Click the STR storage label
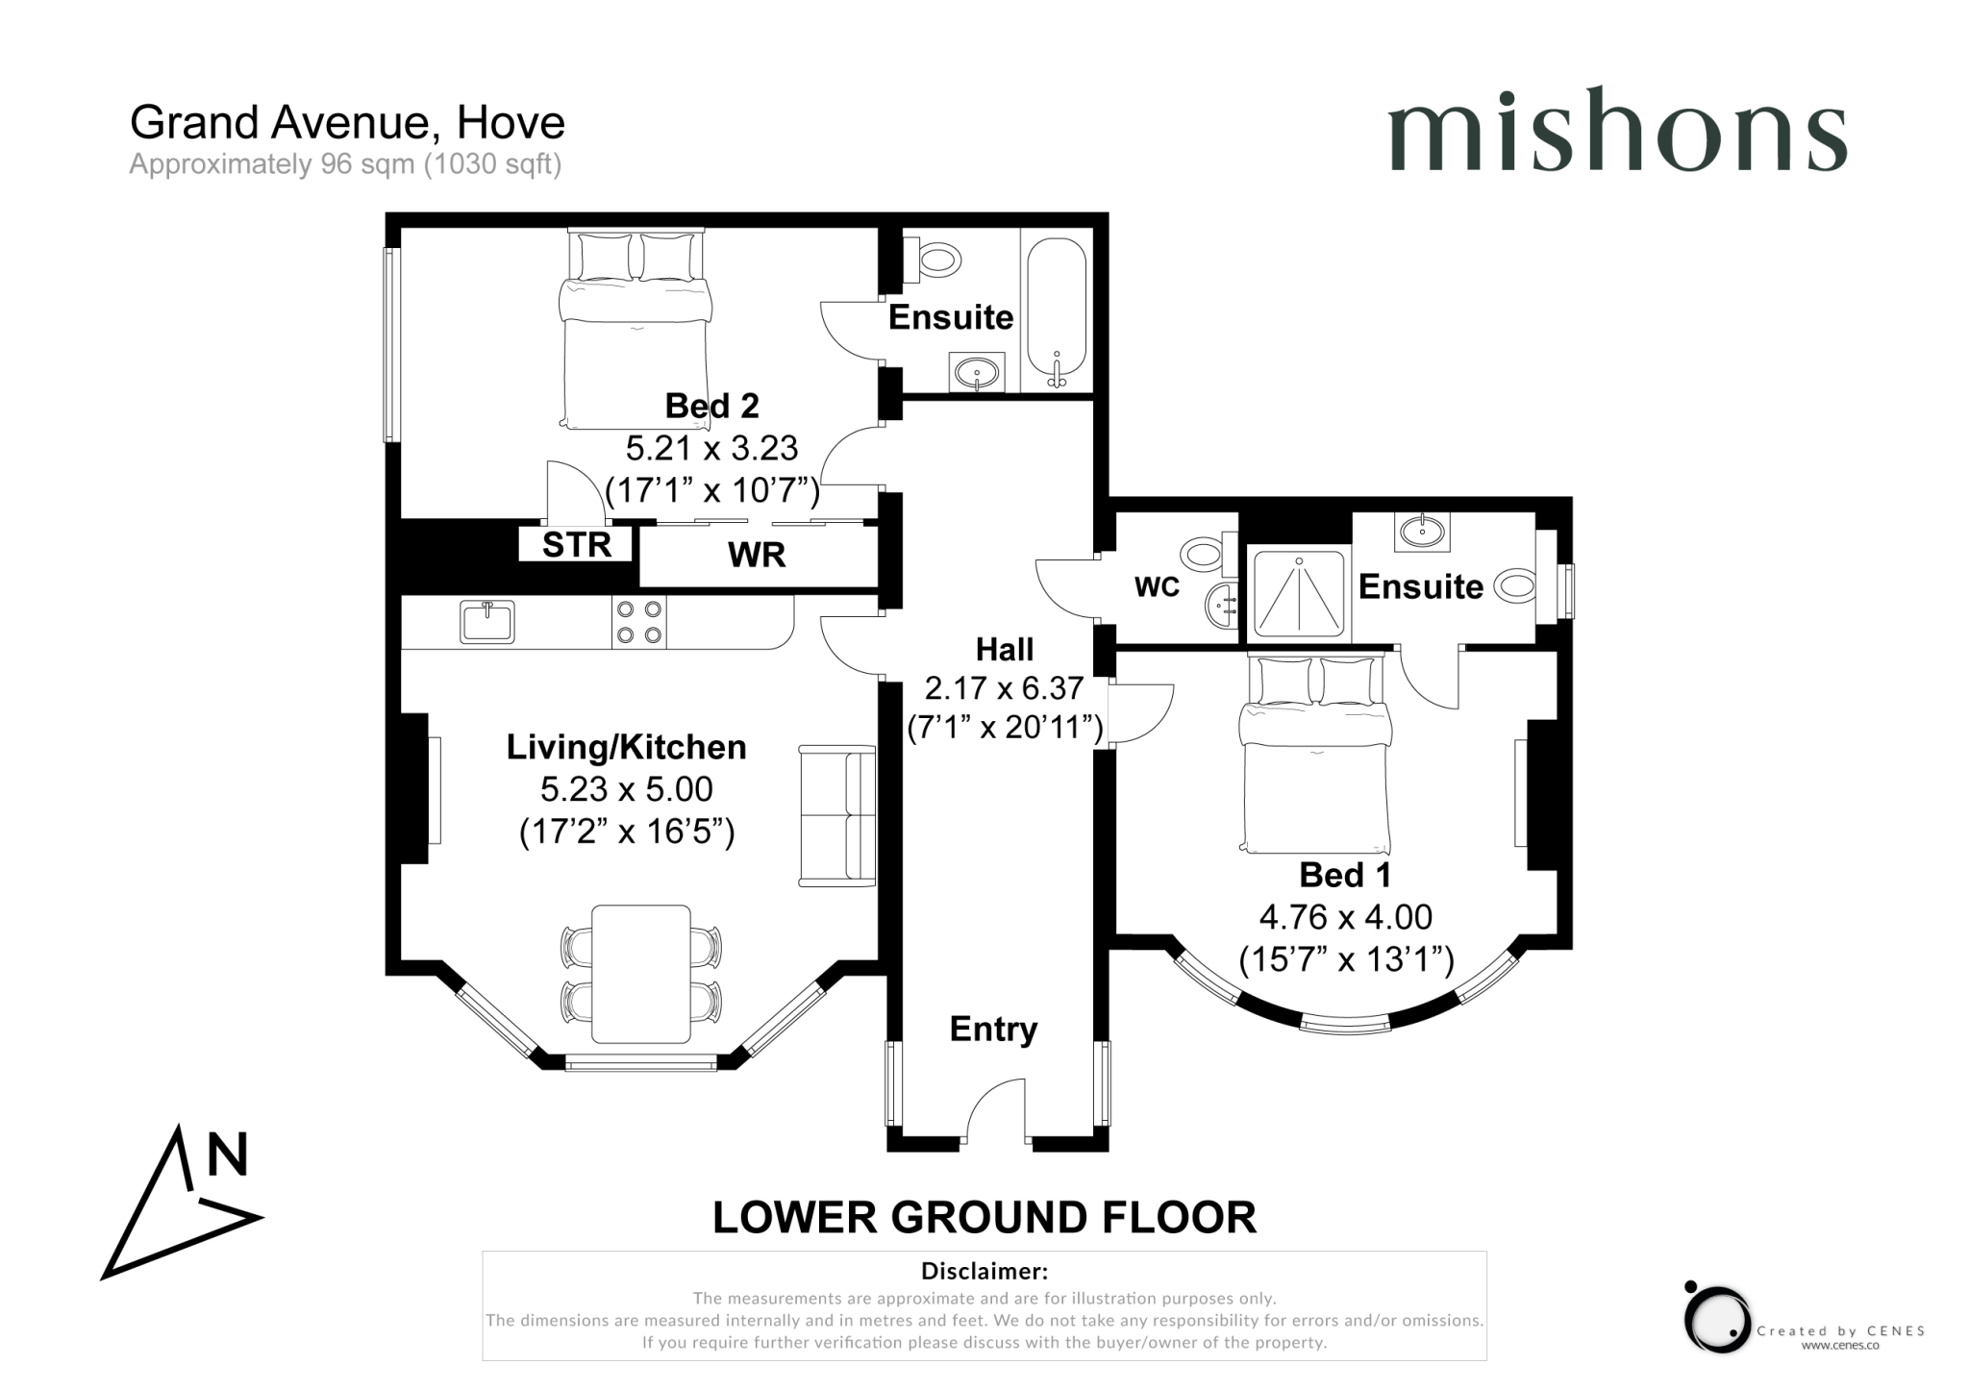click(576, 545)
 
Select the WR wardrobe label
click(757, 555)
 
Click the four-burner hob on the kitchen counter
click(639, 622)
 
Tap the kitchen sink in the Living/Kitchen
click(487, 622)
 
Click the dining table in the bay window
click(640, 974)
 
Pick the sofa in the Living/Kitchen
click(837, 815)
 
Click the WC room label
click(1157, 587)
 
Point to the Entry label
click(993, 1029)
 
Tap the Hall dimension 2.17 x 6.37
click(1004, 688)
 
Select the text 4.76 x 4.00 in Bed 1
click(1345, 917)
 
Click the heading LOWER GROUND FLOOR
click(984, 1218)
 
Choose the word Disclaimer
click(984, 1272)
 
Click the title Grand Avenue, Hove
click(347, 123)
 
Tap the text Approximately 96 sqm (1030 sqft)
click(345, 164)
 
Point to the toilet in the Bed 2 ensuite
click(935, 260)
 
